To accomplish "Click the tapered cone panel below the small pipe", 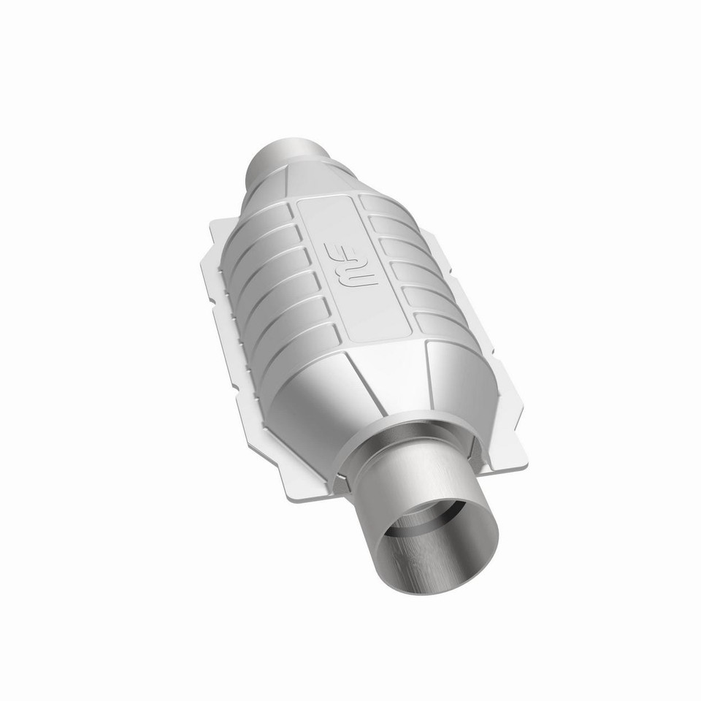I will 321,183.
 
